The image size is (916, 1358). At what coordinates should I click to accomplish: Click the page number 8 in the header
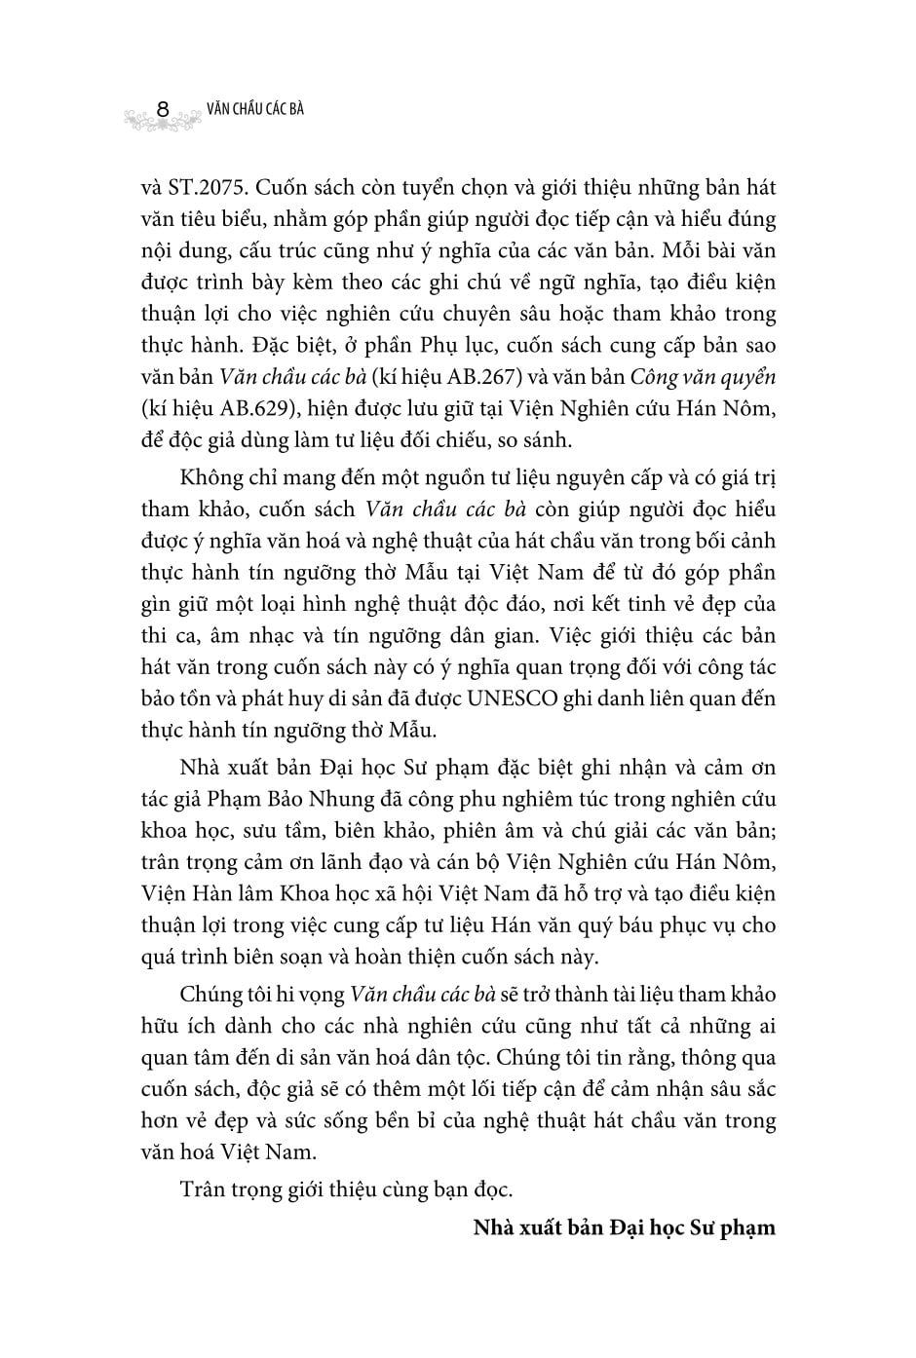tap(165, 111)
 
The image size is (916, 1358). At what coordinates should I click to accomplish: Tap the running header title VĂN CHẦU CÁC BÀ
tap(255, 109)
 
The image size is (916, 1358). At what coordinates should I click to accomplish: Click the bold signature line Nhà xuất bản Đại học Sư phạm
tap(624, 1226)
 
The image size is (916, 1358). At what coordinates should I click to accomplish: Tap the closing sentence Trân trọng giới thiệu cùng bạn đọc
tap(346, 1189)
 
